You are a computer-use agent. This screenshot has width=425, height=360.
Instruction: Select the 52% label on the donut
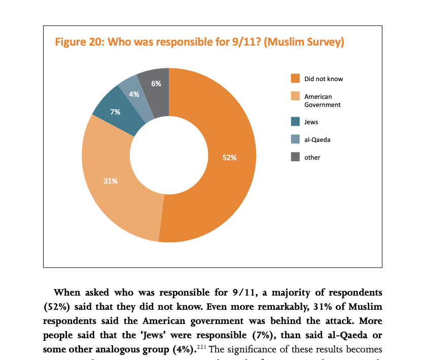pos(229,158)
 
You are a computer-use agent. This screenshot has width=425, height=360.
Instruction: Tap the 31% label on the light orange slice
pos(111,181)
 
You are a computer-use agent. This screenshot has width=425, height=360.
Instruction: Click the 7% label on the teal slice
pos(115,112)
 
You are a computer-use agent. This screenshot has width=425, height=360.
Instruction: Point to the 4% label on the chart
pos(134,94)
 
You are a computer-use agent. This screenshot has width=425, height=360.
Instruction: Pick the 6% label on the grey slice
pos(156,84)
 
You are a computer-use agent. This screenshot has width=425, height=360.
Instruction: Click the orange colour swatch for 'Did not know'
pos(295,79)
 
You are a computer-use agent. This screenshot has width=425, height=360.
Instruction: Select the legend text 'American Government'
pos(322,100)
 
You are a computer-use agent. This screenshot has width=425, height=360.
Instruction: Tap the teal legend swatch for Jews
pos(295,122)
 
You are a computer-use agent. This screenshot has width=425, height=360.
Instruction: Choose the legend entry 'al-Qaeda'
pos(317,139)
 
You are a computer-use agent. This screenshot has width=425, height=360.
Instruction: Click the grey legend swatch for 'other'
pos(295,157)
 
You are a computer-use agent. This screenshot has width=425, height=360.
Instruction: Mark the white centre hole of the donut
pos(169,155)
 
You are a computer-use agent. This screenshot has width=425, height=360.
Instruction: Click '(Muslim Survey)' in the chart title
pos(305,42)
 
